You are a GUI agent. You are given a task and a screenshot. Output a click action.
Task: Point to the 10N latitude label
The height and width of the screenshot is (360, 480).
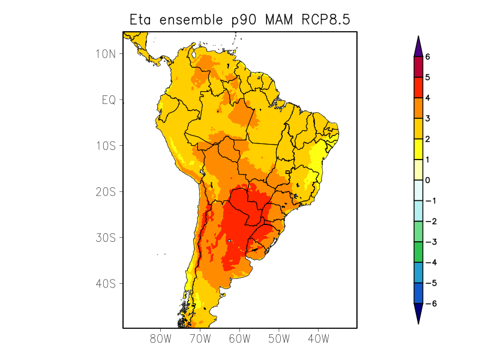point(106,54)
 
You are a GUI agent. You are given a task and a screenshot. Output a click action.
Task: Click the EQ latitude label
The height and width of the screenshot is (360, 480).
point(108,100)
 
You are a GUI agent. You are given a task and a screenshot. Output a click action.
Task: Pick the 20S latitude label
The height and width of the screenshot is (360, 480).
point(106,192)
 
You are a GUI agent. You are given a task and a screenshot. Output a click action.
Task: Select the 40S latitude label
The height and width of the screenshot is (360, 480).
point(106,284)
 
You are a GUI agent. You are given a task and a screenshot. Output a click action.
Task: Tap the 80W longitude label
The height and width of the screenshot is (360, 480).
point(161,338)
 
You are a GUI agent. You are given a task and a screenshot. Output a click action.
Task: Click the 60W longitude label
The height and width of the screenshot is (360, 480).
point(239,338)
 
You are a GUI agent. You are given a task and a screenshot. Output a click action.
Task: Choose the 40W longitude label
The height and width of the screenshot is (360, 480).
point(318,338)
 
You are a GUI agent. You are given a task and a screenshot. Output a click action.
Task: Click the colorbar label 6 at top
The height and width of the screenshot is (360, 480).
point(428,57)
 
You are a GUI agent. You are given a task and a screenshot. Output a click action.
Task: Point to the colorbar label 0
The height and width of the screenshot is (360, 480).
point(428,180)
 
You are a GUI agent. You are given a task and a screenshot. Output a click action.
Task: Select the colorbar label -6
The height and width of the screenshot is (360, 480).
point(429,304)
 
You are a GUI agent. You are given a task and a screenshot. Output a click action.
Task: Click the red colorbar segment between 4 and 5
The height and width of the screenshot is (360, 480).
point(418,88)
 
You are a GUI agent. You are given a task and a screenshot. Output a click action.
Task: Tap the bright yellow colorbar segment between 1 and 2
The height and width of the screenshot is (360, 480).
point(418,149)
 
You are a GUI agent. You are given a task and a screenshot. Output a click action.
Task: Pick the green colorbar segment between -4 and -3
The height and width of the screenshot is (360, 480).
point(418,252)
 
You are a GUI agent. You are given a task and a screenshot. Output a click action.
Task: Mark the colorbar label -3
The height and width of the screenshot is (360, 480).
point(429,242)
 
